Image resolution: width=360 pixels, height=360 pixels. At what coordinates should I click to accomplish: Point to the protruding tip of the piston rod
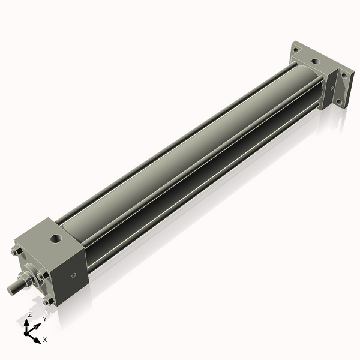(x=11, y=289)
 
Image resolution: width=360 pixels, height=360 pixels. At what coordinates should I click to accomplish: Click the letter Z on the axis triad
(x=29, y=315)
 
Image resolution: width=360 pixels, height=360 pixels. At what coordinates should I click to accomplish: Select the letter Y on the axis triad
(x=44, y=319)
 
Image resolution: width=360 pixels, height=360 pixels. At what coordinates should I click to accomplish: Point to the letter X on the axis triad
(x=45, y=340)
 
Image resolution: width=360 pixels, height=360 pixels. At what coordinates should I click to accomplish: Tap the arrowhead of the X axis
(x=38, y=338)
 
